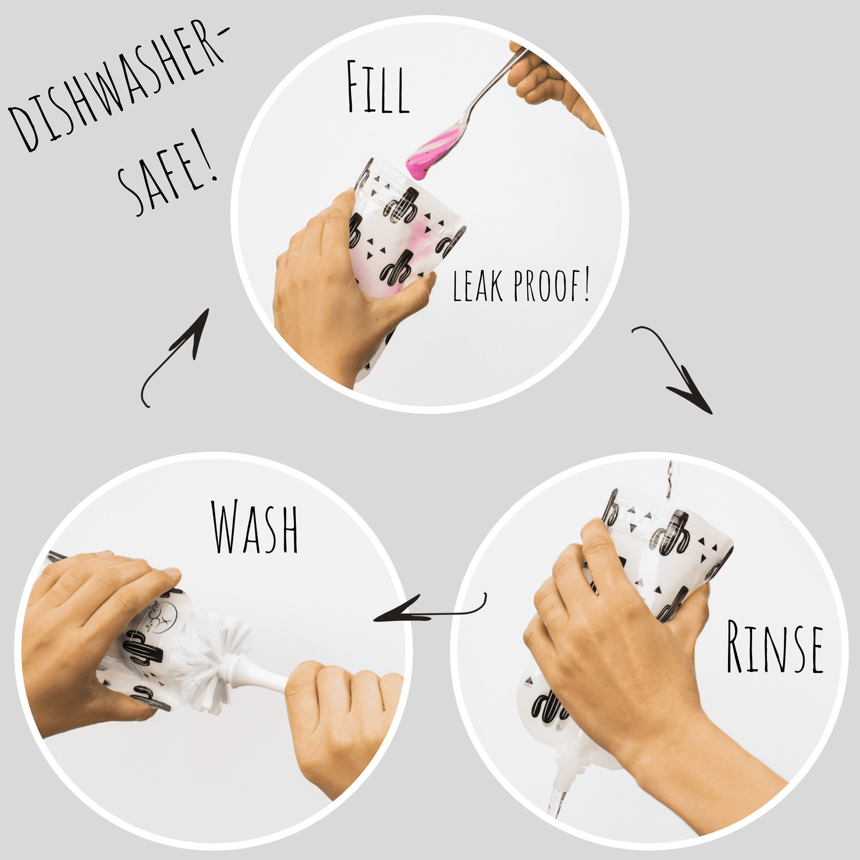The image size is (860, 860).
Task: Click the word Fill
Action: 378,87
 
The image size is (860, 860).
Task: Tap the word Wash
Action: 255,527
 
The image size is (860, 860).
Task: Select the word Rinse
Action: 774,647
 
